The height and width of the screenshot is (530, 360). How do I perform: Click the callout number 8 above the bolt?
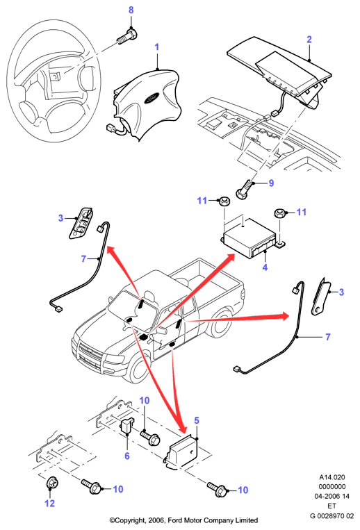point(131,10)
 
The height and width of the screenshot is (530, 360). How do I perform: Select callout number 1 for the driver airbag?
point(157,47)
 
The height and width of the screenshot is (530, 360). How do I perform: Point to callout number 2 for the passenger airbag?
point(309,40)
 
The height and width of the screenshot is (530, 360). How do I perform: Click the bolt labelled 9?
point(245,190)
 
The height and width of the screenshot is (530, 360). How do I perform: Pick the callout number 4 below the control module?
point(265,267)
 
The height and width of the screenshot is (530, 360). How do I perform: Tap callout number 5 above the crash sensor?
point(197,420)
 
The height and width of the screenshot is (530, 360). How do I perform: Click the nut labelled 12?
point(51,483)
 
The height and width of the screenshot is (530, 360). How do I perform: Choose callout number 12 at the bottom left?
point(49,504)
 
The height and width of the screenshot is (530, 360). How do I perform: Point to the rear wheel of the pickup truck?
point(219,325)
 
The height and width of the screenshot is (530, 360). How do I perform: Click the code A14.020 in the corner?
point(332,477)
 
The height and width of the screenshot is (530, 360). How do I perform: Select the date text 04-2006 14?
point(332,496)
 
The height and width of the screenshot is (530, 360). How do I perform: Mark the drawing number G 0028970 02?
point(332,516)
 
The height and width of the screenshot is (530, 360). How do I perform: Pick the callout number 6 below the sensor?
point(127,456)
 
